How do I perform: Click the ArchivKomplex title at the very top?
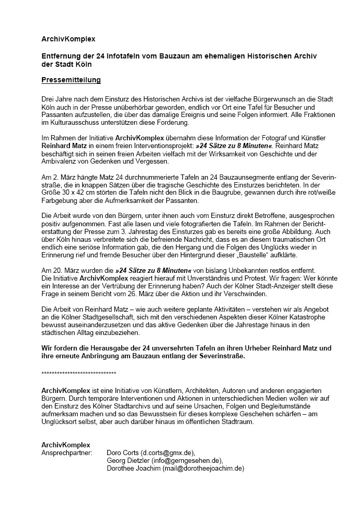68,39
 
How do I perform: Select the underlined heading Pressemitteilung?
71,80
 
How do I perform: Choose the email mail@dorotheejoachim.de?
203,469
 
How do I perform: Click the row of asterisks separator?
79,373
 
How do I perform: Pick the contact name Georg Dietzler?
128,460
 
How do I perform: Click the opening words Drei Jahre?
57,97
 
